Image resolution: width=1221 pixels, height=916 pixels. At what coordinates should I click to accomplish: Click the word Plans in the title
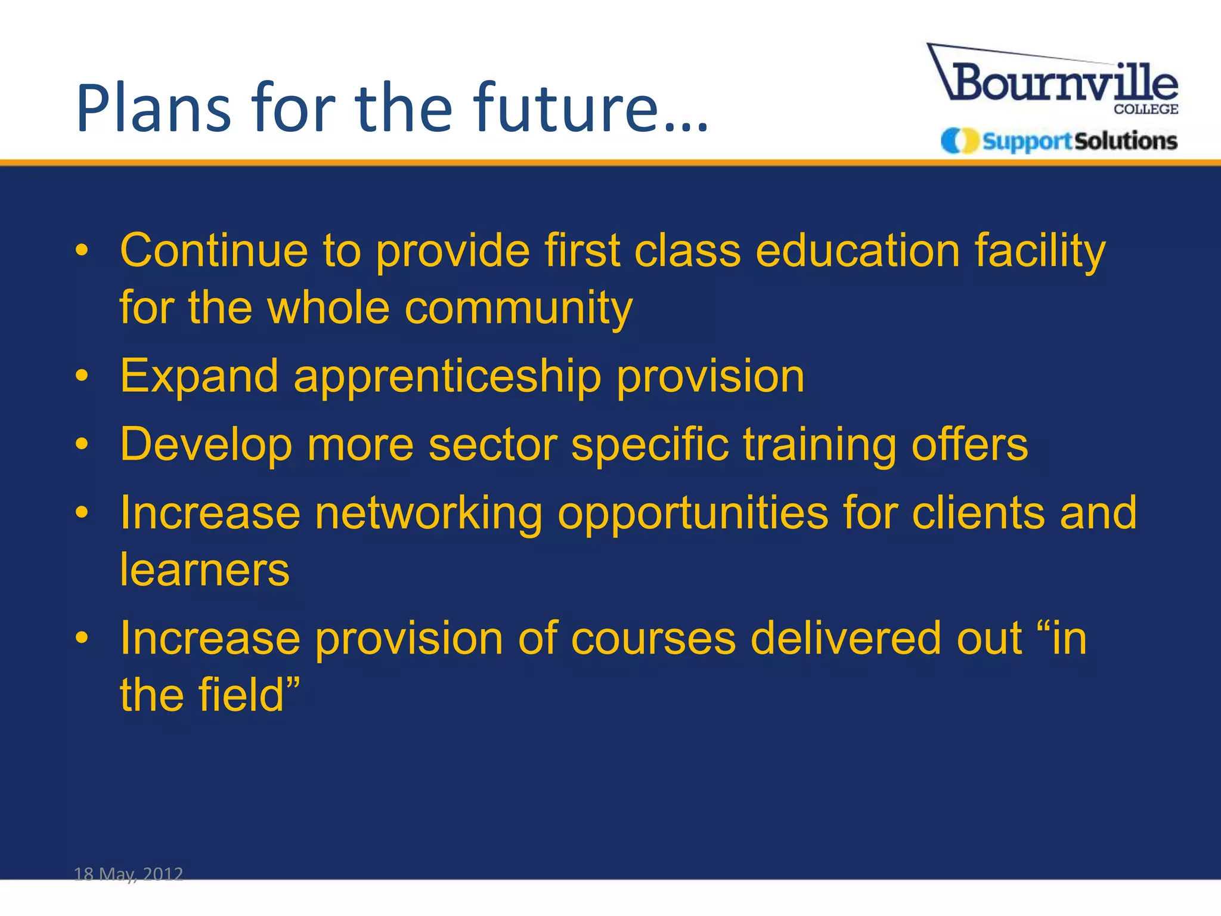click(153, 109)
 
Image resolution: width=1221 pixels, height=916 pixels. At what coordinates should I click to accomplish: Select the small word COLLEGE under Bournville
click(1145, 110)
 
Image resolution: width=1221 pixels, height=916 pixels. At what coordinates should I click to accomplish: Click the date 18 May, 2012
click(128, 874)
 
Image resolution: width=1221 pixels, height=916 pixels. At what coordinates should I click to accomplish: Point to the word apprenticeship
click(447, 377)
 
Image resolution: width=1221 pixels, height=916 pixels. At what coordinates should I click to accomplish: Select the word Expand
click(199, 377)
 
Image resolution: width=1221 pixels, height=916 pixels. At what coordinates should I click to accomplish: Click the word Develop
click(206, 445)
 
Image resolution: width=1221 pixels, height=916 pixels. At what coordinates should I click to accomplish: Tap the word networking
click(428, 513)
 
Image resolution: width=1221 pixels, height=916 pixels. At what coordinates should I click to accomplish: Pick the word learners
click(204, 570)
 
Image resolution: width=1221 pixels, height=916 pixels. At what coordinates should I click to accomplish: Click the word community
click(518, 308)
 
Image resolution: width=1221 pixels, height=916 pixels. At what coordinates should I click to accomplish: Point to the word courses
click(653, 639)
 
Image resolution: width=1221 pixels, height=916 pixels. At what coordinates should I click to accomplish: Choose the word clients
click(978, 513)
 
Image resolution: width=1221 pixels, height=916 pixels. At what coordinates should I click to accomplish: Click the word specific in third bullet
click(649, 445)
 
